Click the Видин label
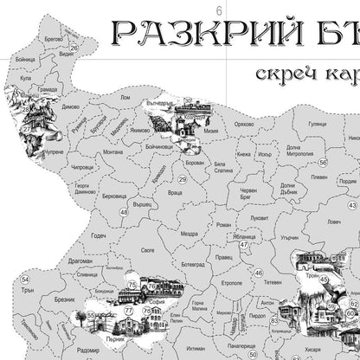(67, 54)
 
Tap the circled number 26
(27, 110)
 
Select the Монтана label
(112, 152)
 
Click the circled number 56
(322, 162)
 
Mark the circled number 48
(124, 212)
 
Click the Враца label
(175, 192)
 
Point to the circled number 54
(25, 280)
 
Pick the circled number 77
(129, 309)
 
